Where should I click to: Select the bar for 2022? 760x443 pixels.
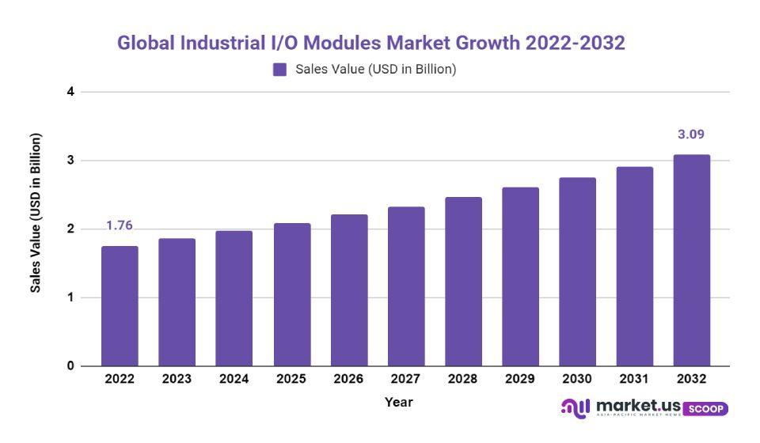point(120,306)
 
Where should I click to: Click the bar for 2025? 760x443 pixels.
point(292,294)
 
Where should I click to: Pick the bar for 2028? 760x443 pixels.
point(463,282)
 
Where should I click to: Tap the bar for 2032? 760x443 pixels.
point(691,260)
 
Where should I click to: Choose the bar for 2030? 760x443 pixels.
point(577,271)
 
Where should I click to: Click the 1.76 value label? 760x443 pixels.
point(120,225)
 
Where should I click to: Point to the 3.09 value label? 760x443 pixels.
point(690,134)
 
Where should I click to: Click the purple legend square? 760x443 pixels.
point(279,70)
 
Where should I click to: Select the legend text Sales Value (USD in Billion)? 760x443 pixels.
point(376,70)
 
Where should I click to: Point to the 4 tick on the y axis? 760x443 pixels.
point(70,92)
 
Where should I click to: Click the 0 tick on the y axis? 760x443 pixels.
point(70,366)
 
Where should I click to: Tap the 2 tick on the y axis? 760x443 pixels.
point(70,229)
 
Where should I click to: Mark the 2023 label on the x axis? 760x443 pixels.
point(177,379)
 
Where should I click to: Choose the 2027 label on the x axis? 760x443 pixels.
point(405,379)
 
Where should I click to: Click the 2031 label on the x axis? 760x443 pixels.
point(634,379)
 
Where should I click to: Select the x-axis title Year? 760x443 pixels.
point(399,402)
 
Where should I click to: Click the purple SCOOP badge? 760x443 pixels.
point(705,409)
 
